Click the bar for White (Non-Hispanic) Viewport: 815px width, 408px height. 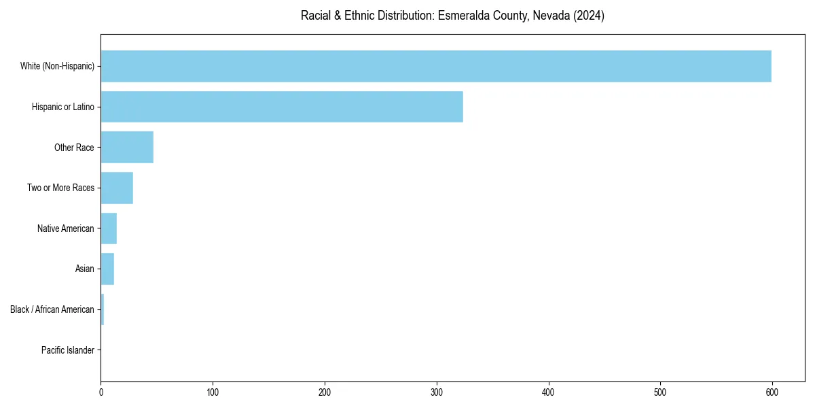coord(436,66)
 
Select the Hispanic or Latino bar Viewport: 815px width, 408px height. coord(282,107)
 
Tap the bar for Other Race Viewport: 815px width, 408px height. coord(127,148)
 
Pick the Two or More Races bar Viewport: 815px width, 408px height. coord(117,188)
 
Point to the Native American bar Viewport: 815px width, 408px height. coord(109,228)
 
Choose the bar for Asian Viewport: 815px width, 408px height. coord(107,269)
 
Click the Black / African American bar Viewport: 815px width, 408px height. coord(103,309)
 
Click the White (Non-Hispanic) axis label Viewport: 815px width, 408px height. coord(57,66)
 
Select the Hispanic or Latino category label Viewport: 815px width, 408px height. coord(63,107)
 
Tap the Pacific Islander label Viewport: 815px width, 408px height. coord(68,350)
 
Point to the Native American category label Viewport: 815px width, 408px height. coord(66,228)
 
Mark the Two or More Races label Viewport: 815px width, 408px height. coord(61,188)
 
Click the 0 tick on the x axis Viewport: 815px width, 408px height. coord(101,392)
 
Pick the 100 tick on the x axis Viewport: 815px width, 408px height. coord(213,392)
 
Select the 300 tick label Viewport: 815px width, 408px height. coord(437,392)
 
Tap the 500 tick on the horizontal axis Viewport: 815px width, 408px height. coord(660,392)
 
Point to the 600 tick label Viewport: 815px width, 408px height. coord(772,392)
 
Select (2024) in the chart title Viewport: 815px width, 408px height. coord(589,16)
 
